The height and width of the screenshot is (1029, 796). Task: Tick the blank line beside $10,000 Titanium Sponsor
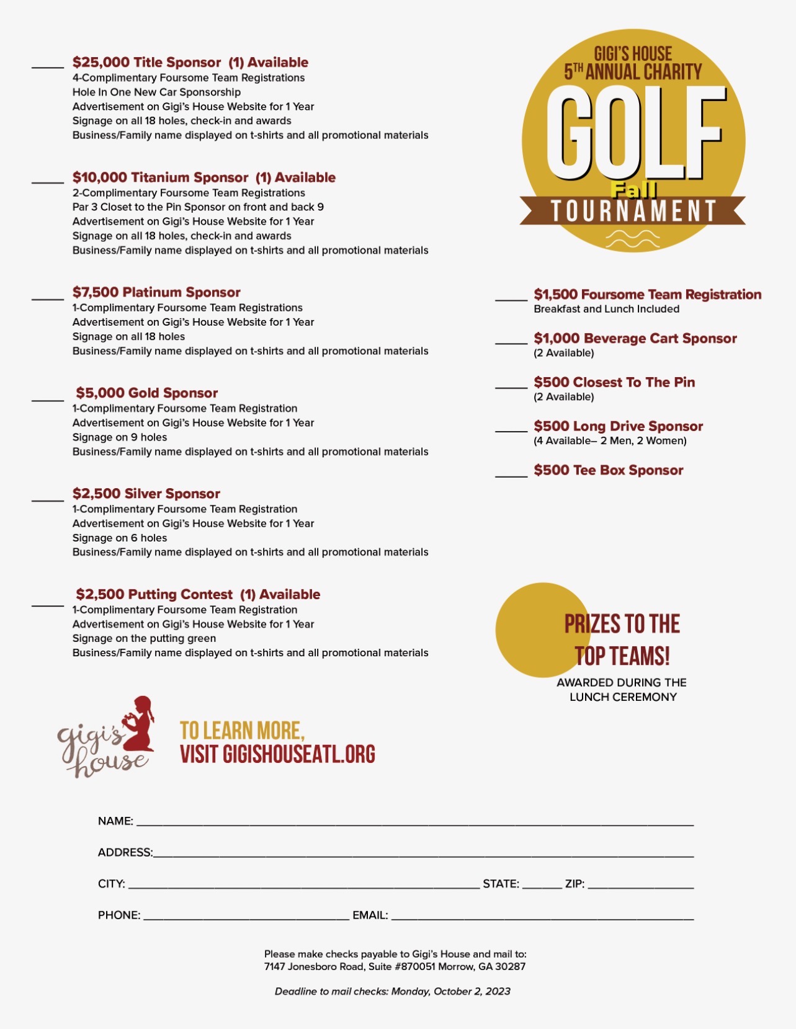[x=48, y=182]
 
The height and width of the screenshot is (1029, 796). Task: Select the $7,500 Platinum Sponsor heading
[x=156, y=292]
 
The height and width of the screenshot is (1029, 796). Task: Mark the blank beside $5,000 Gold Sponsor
[x=48, y=400]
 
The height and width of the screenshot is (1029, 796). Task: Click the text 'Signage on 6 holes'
[x=120, y=538]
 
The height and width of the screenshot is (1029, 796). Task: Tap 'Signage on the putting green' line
[x=144, y=638]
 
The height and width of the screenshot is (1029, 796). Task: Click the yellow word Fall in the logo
[x=633, y=189]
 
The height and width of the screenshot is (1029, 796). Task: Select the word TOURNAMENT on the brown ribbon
[x=633, y=212]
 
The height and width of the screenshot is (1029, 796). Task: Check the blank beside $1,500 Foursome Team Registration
[x=511, y=300]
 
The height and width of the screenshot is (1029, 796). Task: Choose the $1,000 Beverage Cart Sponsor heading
[x=635, y=339]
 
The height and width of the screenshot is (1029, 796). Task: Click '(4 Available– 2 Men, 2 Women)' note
[x=610, y=441]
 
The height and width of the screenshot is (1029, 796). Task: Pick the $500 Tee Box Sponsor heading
[x=608, y=470]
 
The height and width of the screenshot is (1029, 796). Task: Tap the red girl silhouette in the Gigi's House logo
[x=140, y=724]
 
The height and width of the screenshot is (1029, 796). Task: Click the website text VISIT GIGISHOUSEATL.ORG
[x=277, y=754]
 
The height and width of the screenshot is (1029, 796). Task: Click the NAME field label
[x=115, y=821]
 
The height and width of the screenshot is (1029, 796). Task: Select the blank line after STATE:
[x=542, y=887]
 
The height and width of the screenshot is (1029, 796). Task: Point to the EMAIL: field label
[x=370, y=915]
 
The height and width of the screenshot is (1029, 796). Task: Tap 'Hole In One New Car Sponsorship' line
[x=156, y=92]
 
